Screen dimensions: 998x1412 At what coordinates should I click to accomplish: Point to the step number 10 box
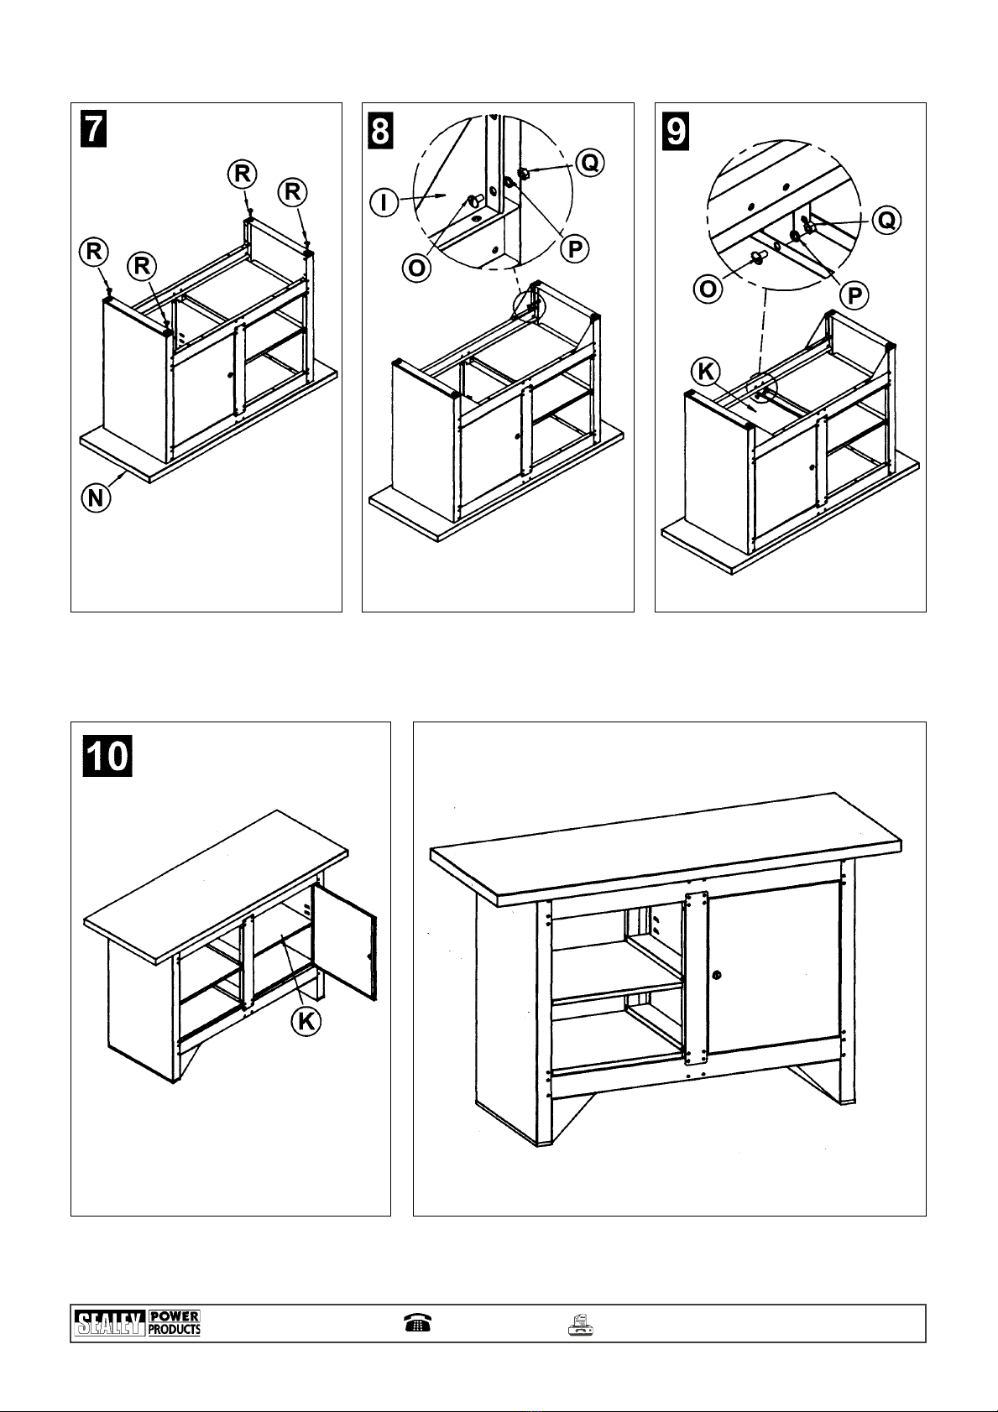107,754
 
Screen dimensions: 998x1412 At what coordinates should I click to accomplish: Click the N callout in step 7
96,498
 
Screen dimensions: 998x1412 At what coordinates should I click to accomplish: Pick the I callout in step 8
384,202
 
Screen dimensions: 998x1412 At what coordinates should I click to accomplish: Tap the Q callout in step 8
591,163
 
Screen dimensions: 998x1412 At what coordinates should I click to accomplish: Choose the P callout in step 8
575,249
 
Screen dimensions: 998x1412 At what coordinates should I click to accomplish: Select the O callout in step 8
415,268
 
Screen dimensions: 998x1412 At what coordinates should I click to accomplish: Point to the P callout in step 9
855,295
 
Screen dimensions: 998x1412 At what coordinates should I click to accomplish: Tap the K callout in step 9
705,371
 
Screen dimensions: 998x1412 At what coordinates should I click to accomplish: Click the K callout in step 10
306,1021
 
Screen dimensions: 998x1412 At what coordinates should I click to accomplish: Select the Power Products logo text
175,1323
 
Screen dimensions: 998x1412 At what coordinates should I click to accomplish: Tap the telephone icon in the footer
417,1323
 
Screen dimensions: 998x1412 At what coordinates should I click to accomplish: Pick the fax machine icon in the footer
581,1324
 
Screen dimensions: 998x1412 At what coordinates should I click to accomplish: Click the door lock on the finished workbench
717,975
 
